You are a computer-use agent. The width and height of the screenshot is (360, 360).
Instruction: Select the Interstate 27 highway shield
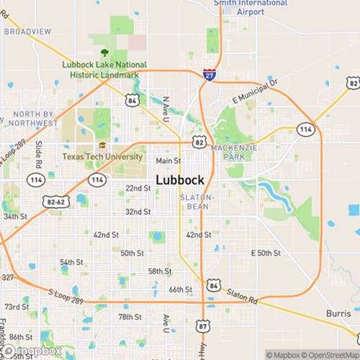[x=207, y=75]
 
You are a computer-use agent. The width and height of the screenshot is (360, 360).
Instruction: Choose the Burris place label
[x=338, y=315]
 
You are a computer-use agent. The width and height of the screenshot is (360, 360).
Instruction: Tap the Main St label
[x=168, y=161]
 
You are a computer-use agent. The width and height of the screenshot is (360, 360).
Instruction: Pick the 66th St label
[x=180, y=289]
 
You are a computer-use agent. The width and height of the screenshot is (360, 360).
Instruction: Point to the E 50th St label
[x=265, y=253]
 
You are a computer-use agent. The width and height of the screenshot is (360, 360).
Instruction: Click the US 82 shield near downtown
[x=199, y=143]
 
